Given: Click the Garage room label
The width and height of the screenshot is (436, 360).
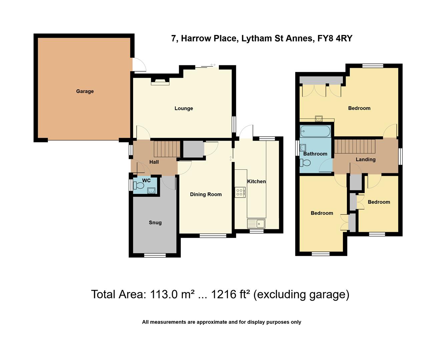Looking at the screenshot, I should [85, 91].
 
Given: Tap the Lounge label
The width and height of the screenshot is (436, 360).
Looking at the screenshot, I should [183, 108].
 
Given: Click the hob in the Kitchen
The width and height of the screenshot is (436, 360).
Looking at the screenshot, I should [240, 192].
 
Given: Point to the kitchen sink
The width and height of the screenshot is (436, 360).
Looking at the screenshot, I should [256, 223].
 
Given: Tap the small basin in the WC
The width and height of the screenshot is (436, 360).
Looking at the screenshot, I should [151, 190].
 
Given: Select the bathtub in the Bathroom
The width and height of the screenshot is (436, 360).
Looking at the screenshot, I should [315, 131].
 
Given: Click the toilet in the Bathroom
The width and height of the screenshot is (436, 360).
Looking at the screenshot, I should [305, 163].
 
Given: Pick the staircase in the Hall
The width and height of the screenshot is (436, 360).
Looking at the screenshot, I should [164, 148].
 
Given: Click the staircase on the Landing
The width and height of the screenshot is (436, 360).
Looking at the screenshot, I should [355, 146].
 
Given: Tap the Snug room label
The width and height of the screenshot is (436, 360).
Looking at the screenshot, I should [155, 223].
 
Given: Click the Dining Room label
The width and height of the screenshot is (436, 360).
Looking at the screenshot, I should [205, 194].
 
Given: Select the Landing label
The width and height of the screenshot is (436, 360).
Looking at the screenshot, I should [365, 159].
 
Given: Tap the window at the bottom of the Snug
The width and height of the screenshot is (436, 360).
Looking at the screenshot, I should [155, 255].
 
